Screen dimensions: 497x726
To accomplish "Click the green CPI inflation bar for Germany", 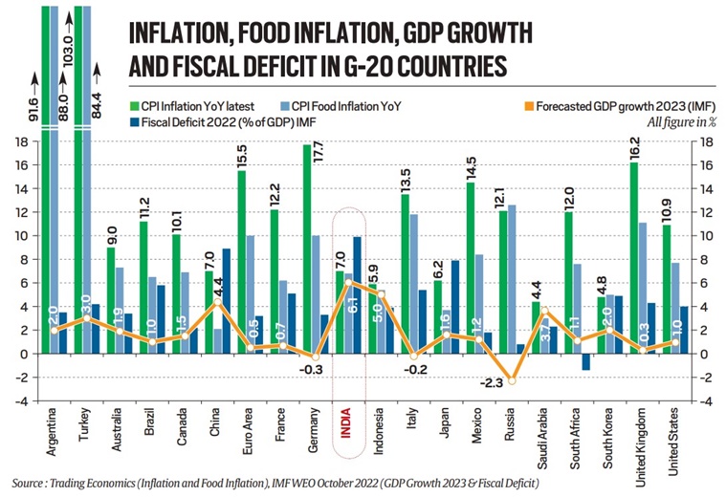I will [306, 248].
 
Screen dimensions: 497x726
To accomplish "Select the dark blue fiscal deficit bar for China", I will [226, 301].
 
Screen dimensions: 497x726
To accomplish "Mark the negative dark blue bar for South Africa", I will [586, 361].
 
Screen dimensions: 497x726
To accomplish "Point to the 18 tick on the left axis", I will [18, 141].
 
